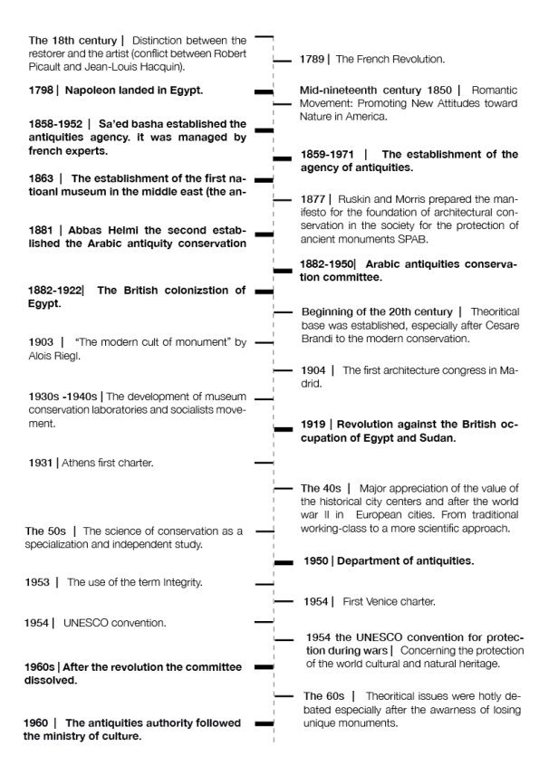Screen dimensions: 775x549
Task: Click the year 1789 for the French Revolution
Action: click(x=313, y=59)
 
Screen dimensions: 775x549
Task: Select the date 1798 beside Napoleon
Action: click(x=42, y=91)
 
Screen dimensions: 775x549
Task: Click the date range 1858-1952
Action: click(x=57, y=123)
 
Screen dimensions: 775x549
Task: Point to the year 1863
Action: click(x=42, y=178)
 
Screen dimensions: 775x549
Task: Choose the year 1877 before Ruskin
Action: click(x=313, y=198)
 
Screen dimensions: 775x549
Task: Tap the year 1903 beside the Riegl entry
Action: click(x=42, y=342)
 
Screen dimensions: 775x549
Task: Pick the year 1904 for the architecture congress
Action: click(x=314, y=370)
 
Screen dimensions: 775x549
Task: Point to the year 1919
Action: click(x=314, y=424)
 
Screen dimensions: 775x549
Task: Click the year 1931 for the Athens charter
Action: click(x=42, y=463)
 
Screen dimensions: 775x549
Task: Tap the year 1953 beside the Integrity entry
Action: click(x=39, y=582)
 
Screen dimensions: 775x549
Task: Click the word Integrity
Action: click(x=179, y=582)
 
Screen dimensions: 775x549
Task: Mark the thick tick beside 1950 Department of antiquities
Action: click(x=284, y=562)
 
